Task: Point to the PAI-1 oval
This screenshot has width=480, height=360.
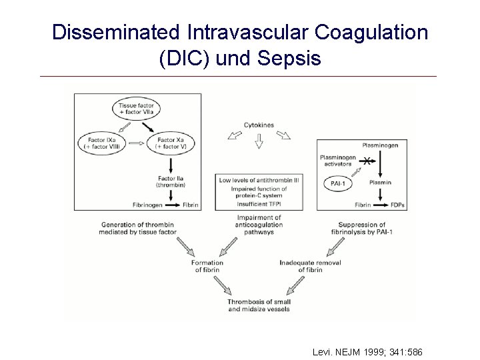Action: click(338, 182)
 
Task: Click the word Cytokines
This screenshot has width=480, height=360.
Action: click(259, 125)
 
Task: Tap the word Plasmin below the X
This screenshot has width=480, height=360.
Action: click(380, 182)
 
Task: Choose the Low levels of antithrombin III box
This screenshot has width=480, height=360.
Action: click(259, 181)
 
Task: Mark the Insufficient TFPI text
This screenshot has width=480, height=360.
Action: click(259, 204)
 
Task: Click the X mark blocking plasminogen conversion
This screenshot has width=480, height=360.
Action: click(366, 161)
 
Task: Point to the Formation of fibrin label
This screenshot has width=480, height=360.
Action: click(207, 266)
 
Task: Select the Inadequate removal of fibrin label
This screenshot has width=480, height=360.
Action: click(311, 266)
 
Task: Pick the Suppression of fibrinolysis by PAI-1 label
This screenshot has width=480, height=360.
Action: click(362, 228)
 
